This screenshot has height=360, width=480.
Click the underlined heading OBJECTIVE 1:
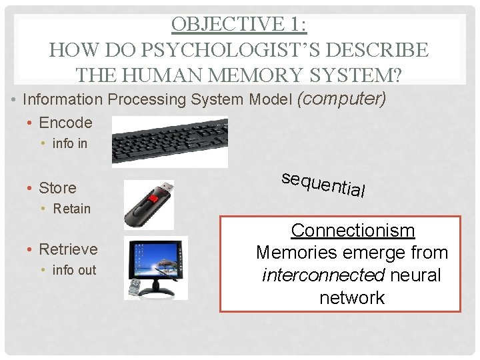(239, 23)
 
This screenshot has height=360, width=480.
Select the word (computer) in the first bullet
(341, 99)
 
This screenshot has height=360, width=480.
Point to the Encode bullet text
(65, 123)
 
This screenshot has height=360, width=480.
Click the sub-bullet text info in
(70, 143)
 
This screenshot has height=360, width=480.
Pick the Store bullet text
(57, 188)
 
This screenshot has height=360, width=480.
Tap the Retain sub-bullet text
(72, 209)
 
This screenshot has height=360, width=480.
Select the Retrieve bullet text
(68, 249)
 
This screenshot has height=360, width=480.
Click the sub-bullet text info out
(74, 270)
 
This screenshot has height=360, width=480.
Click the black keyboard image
(169, 141)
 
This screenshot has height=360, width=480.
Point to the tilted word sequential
(323, 184)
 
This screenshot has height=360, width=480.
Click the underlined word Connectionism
(353, 231)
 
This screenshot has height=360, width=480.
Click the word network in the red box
(352, 297)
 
